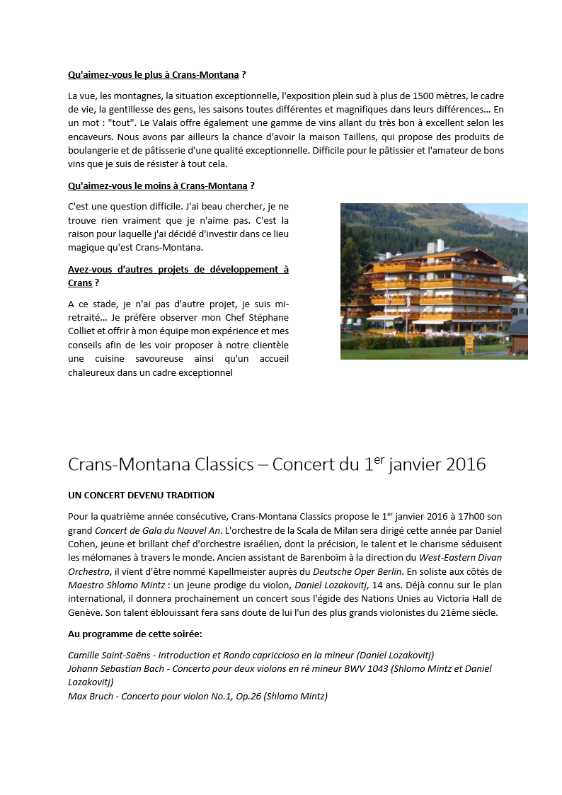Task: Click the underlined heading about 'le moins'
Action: pyautogui.click(x=158, y=185)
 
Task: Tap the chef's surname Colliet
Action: pyautogui.click(x=84, y=331)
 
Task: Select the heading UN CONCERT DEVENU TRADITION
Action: pyautogui.click(x=141, y=495)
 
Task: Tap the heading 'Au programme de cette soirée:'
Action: pyautogui.click(x=134, y=634)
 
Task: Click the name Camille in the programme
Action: pyautogui.click(x=85, y=655)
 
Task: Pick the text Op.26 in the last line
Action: pyautogui.click(x=242, y=696)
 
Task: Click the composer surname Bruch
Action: pyautogui.click(x=104, y=696)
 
